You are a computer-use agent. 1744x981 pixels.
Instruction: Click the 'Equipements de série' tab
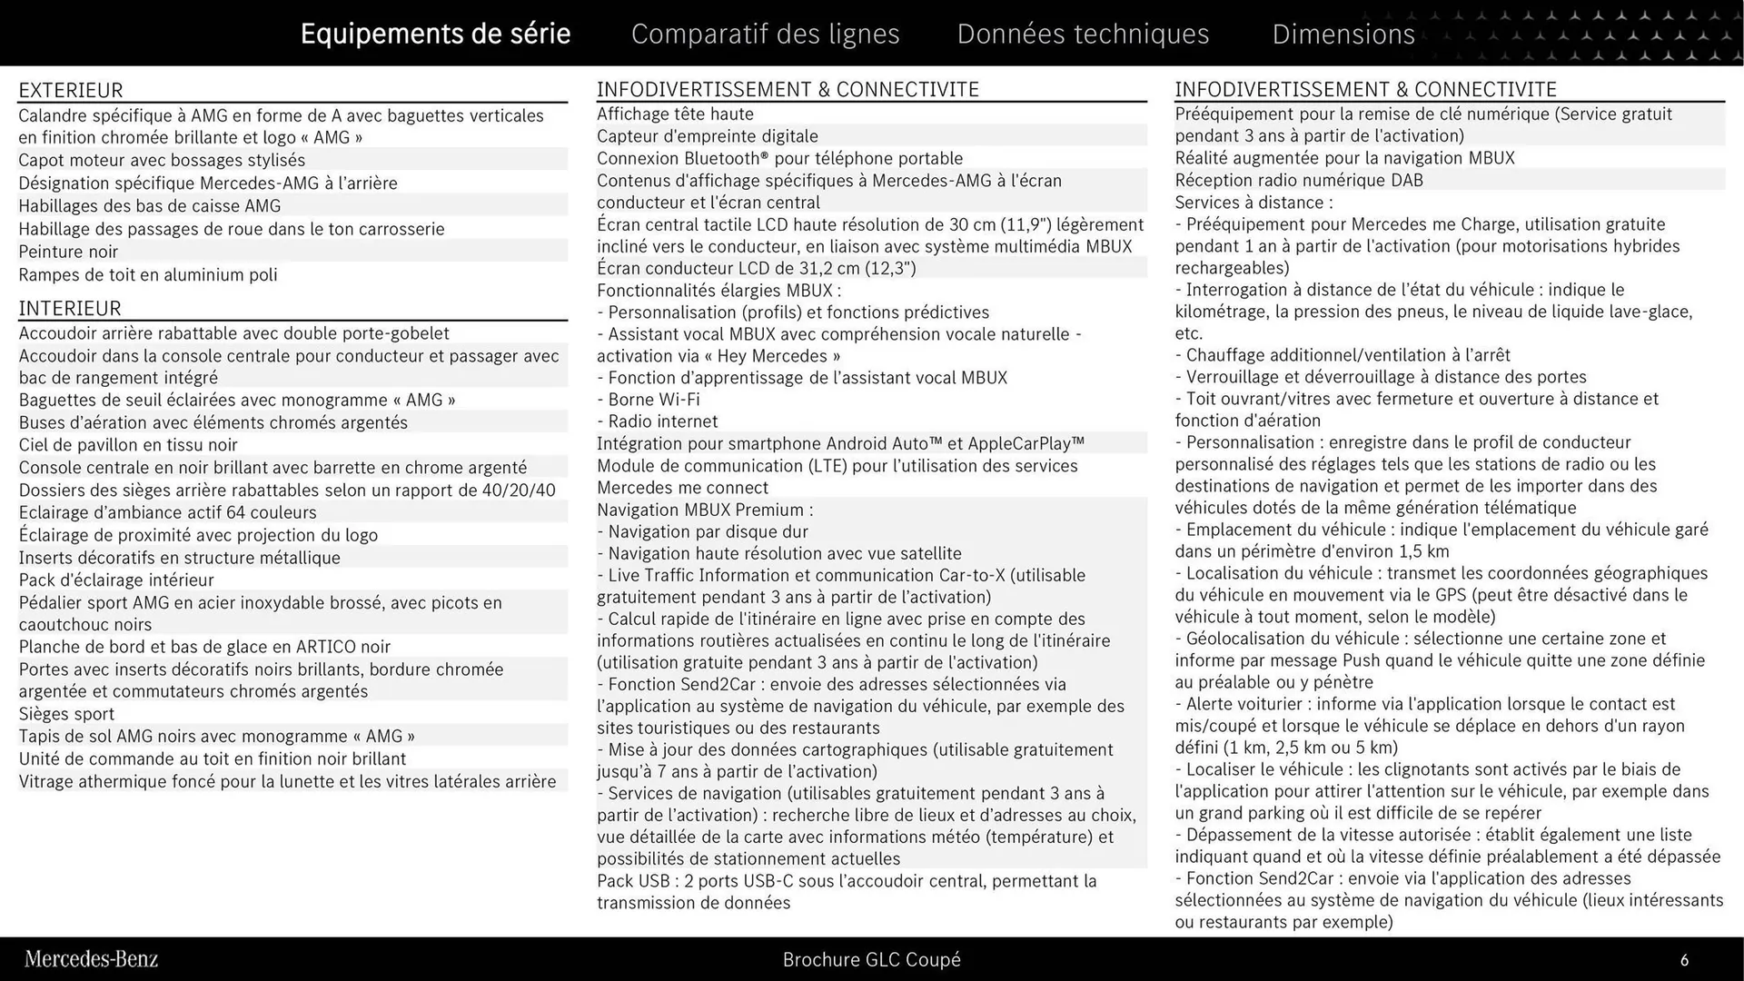pyautogui.click(x=435, y=34)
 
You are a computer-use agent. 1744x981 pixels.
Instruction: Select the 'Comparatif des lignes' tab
pyautogui.click(x=765, y=34)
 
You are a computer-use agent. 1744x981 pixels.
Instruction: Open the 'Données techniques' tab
pyautogui.click(x=1083, y=34)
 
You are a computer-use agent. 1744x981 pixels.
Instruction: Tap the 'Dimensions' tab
pyautogui.click(x=1343, y=34)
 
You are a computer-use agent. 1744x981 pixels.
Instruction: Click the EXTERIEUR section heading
pyautogui.click(x=71, y=90)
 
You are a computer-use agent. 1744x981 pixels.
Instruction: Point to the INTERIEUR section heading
pyautogui.click(x=70, y=308)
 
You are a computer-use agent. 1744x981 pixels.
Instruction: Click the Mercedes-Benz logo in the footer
pyautogui.click(x=91, y=959)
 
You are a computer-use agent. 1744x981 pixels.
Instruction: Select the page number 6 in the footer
pyautogui.click(x=1684, y=960)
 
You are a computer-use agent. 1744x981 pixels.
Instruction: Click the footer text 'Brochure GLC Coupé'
pyautogui.click(x=871, y=959)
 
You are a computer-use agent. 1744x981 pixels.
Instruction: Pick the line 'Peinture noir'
pyautogui.click(x=68, y=252)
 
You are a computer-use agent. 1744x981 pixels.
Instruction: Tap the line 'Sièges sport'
pyautogui.click(x=66, y=714)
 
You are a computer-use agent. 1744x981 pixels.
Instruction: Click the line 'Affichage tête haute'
pyautogui.click(x=675, y=114)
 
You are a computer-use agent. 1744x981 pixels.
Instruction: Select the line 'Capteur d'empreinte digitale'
pyautogui.click(x=707, y=136)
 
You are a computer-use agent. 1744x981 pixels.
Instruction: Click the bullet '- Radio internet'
pyautogui.click(x=658, y=421)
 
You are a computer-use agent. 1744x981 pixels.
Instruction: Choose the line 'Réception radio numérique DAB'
pyautogui.click(x=1299, y=180)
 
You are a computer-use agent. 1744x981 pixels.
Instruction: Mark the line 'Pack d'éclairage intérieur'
pyautogui.click(x=116, y=580)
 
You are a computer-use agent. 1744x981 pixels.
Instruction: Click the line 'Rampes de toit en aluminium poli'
pyautogui.click(x=148, y=274)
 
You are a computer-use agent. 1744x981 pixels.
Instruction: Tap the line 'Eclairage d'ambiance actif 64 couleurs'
pyautogui.click(x=168, y=512)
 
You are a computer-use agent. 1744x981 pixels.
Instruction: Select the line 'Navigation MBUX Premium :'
pyautogui.click(x=705, y=510)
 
